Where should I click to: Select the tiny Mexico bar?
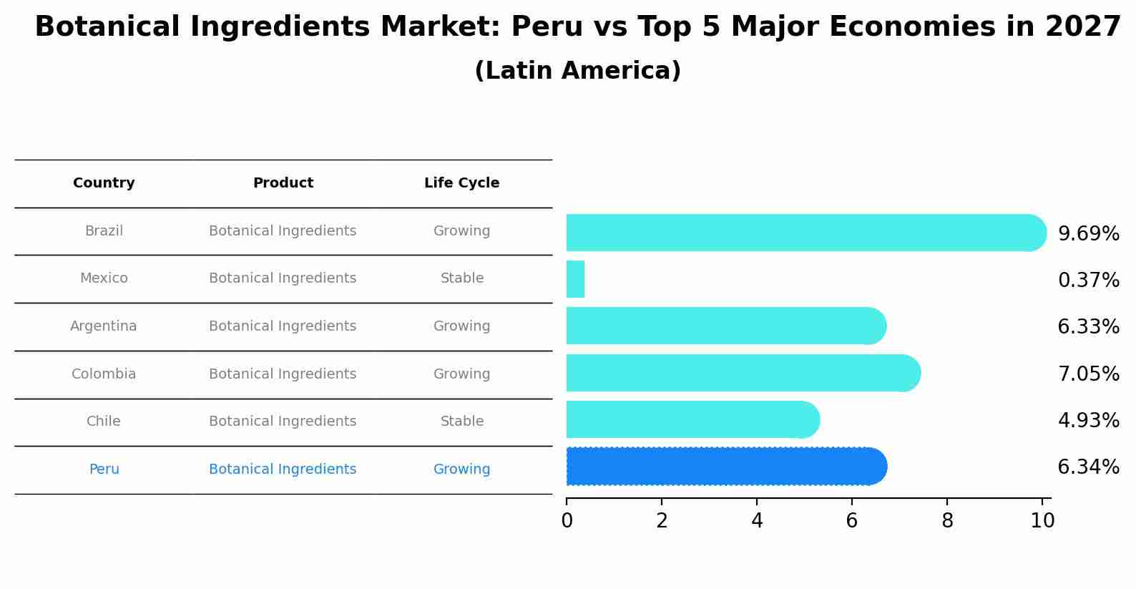575,279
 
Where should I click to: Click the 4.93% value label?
1088,420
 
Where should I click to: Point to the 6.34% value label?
1088,467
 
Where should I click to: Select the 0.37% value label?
1088,280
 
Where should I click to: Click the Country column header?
104,183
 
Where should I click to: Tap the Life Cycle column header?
461,183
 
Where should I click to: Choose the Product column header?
283,183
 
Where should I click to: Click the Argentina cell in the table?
104,326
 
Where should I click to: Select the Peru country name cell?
104,469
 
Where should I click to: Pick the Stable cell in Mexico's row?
461,278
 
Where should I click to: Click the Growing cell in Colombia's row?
461,374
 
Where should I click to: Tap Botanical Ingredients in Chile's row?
283,422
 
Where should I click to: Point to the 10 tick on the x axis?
1042,521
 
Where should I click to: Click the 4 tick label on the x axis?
757,521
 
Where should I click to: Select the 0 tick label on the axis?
567,521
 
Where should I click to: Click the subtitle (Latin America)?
577,71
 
